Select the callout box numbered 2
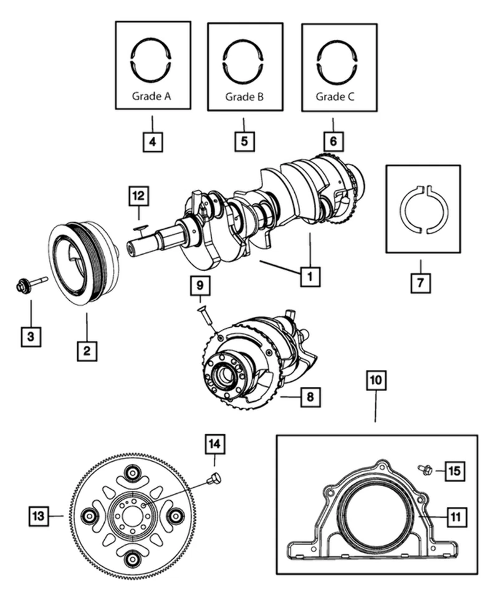click(x=87, y=351)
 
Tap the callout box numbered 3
click(x=31, y=336)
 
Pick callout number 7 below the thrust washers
click(x=420, y=283)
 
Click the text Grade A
click(x=151, y=97)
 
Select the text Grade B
click(x=244, y=97)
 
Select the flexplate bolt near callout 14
click(x=215, y=478)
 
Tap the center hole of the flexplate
click(x=132, y=516)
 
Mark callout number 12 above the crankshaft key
click(x=139, y=196)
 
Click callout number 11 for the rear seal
click(x=455, y=516)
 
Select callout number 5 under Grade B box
click(x=244, y=141)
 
